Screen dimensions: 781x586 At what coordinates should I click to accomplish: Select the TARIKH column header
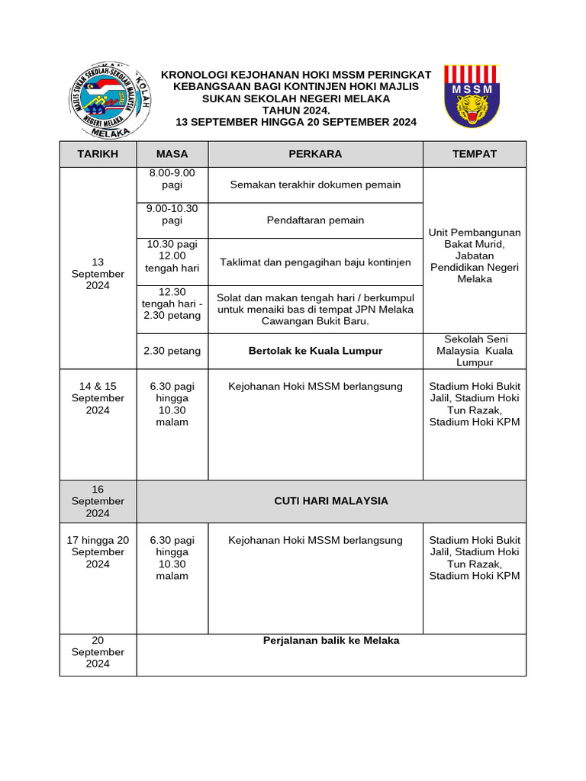pos(98,154)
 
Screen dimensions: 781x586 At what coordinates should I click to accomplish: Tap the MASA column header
pos(172,154)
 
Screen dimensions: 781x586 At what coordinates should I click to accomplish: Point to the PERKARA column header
pos(315,154)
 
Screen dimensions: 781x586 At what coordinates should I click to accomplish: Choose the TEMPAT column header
pos(474,154)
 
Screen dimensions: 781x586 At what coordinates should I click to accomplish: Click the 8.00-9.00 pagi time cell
pos(172,179)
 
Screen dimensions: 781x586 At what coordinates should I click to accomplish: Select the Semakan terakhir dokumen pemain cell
pos(315,185)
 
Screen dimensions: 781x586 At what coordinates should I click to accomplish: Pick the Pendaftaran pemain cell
pos(315,220)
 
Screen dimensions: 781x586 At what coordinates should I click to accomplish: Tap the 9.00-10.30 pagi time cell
pos(172,214)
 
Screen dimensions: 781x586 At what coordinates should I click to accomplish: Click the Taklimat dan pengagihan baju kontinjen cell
pos(315,262)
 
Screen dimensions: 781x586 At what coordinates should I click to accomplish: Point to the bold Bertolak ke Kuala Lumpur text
pos(315,351)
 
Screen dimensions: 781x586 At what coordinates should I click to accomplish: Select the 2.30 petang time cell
pos(172,351)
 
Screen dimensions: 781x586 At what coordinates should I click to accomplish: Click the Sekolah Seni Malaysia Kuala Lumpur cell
pos(474,351)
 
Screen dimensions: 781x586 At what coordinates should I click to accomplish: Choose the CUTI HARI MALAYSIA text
pos(330,501)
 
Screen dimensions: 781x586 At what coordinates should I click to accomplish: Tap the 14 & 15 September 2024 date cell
pos(98,398)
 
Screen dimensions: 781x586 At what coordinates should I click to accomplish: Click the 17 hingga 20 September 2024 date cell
pos(98,552)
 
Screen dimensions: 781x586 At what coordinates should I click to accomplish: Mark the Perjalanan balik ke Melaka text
pos(330,641)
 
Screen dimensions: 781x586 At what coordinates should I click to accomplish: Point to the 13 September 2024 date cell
pos(98,274)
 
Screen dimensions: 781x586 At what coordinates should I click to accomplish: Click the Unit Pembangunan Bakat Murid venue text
pos(474,256)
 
